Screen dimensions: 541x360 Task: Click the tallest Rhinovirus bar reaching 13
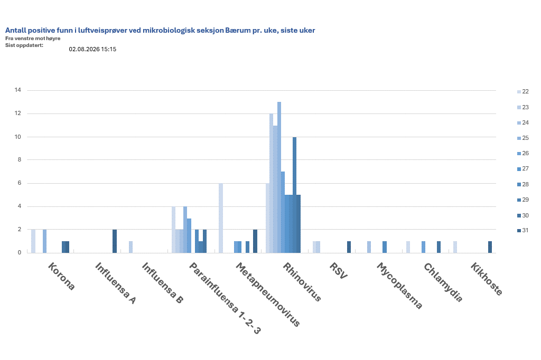point(279,177)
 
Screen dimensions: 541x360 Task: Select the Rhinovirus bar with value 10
point(294,195)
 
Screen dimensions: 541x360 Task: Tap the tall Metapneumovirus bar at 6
point(221,218)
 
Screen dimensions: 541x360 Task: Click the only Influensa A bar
point(115,241)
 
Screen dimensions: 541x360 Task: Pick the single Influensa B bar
point(131,247)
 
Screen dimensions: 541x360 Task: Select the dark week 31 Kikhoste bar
point(490,247)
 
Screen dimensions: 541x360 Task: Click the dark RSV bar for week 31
point(349,247)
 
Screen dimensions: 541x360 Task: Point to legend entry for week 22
point(523,92)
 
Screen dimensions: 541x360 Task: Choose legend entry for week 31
point(523,230)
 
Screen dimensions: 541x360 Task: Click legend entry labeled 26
point(523,154)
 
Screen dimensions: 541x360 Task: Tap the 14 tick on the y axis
point(17,90)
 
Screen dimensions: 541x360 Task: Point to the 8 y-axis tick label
point(20,159)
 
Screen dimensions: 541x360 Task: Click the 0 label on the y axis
point(20,252)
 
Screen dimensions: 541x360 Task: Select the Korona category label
point(61,276)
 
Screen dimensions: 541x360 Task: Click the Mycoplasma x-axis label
point(399,286)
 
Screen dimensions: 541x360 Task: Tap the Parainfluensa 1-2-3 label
point(225,298)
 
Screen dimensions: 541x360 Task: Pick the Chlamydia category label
point(443,282)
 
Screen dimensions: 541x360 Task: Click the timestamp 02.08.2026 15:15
point(92,49)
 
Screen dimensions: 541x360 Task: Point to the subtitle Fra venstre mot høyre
point(33,39)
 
